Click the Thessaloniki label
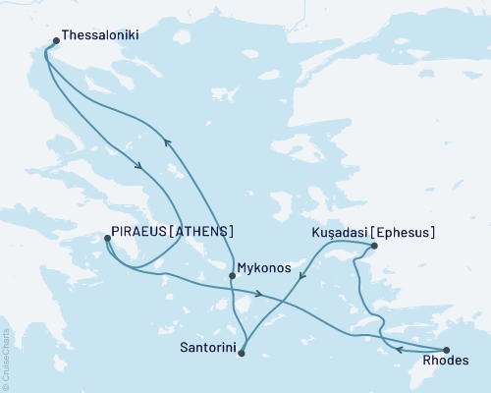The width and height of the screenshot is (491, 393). pyautogui.click(x=99, y=34)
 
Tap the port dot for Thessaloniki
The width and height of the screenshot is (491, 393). pyautogui.click(x=55, y=41)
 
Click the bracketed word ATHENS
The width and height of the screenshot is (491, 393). pyautogui.click(x=206, y=232)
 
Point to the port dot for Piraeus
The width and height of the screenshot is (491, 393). pyautogui.click(x=107, y=238)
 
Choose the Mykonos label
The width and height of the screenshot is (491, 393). pyautogui.click(x=267, y=266)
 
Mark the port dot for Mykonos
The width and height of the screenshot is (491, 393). pyautogui.click(x=232, y=275)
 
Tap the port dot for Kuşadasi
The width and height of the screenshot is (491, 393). pyautogui.click(x=374, y=246)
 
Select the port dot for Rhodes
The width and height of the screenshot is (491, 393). pyautogui.click(x=447, y=350)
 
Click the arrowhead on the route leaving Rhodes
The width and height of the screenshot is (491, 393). pyautogui.click(x=400, y=348)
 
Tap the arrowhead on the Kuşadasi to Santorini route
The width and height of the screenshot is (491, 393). pyautogui.click(x=300, y=278)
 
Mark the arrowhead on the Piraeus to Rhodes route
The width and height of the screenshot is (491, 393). pyautogui.click(x=258, y=295)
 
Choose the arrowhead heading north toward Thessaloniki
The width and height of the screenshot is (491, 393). pyautogui.click(x=167, y=141)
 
